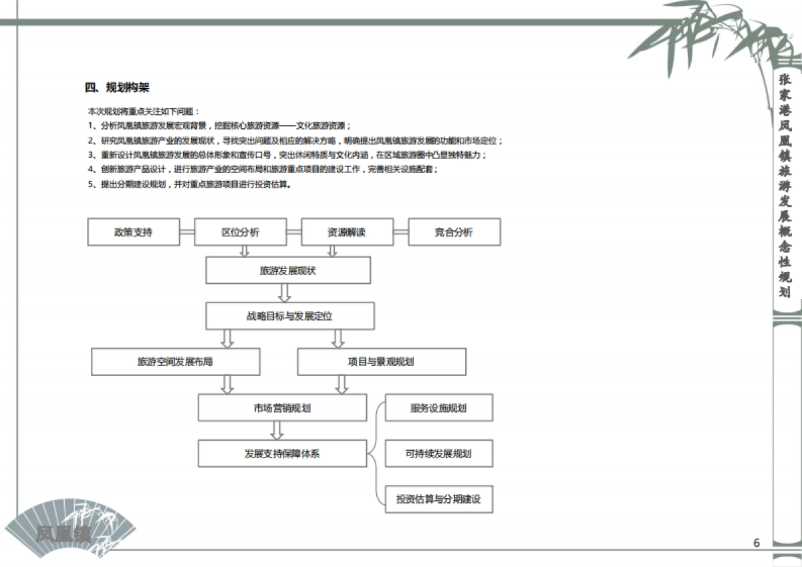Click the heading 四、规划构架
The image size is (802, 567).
point(117,87)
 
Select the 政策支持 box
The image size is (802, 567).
point(133,232)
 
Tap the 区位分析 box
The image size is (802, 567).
point(241,232)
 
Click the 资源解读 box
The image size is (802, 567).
point(347,232)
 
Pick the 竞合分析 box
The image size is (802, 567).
point(454,232)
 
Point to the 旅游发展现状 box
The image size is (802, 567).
point(287,271)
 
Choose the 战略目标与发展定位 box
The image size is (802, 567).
point(289,316)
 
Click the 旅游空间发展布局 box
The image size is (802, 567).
point(175,362)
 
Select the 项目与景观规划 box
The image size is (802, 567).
point(381,362)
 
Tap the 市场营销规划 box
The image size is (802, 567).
point(282,408)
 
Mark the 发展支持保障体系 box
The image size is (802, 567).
point(282,454)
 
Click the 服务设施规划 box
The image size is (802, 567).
point(438,408)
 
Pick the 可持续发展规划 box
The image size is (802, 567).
point(438,454)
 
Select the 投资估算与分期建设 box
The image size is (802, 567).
point(438,500)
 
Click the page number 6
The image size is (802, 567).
point(757,543)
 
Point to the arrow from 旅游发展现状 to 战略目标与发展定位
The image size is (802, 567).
point(285,293)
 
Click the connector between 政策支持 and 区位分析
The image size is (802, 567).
point(186,232)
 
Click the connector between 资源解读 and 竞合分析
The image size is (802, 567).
point(400,232)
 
